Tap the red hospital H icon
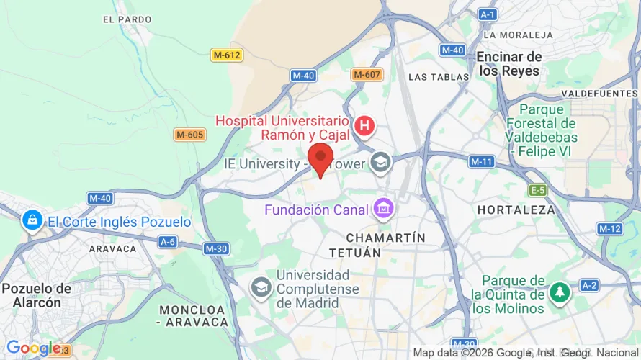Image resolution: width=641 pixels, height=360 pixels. click(x=366, y=127)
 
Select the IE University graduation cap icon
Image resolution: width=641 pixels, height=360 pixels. click(x=380, y=163)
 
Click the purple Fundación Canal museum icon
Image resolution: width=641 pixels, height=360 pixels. click(x=382, y=210)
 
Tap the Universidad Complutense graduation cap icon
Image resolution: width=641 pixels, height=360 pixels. click(x=261, y=287)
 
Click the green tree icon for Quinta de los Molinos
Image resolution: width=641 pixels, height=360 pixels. click(x=559, y=292)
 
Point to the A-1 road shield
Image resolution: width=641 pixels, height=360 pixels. click(x=488, y=14)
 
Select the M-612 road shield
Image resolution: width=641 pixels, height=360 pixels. click(x=226, y=55)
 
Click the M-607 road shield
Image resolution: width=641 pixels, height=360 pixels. click(x=367, y=75)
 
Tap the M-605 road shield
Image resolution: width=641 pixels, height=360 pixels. click(x=190, y=135)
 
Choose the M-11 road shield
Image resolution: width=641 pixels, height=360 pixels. click(x=481, y=162)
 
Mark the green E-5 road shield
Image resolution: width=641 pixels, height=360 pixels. click(x=538, y=190)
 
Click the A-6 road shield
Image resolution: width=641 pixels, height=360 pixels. click(x=168, y=242)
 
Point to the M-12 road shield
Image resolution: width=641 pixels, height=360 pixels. click(x=609, y=228)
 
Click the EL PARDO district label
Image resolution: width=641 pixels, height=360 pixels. click(x=127, y=19)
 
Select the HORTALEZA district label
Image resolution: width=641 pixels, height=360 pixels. click(x=516, y=210)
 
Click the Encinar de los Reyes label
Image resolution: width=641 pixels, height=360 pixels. click(x=509, y=63)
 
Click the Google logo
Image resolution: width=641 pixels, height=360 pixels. click(x=29, y=348)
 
